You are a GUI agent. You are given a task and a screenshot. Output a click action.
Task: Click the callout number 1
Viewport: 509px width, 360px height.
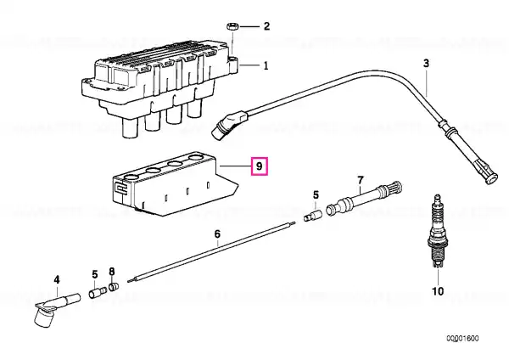[x=266, y=66]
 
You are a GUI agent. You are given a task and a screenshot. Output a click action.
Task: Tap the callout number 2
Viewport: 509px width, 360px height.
[x=266, y=26]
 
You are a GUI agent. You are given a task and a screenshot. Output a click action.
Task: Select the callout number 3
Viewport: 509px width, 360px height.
[x=426, y=63]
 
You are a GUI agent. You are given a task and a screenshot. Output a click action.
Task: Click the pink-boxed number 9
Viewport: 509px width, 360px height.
[x=259, y=166]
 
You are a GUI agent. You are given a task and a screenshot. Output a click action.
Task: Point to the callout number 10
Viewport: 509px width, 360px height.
[x=438, y=291]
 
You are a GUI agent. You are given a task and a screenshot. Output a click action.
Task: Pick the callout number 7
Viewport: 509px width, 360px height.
[x=361, y=180]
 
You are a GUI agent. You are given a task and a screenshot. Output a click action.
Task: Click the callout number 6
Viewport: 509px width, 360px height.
[x=217, y=234]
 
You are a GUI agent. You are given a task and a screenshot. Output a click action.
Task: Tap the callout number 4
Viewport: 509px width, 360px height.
[x=57, y=279]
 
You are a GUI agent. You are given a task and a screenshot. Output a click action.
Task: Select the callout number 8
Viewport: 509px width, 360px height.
[x=111, y=272]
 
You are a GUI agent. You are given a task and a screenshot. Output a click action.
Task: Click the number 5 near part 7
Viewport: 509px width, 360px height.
[x=316, y=195]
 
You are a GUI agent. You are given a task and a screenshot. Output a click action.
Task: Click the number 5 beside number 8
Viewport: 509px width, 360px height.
[x=94, y=274]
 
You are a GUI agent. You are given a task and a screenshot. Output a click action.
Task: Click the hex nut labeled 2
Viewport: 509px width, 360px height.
[x=232, y=26]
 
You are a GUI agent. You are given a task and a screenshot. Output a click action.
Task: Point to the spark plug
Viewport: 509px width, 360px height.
[x=437, y=231]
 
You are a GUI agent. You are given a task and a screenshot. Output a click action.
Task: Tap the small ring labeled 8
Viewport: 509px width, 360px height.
[x=114, y=287]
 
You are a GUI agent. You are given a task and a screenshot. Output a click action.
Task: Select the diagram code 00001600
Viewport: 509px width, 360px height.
[x=462, y=339]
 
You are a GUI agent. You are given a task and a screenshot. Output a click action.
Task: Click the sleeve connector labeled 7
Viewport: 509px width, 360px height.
[x=364, y=198]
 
